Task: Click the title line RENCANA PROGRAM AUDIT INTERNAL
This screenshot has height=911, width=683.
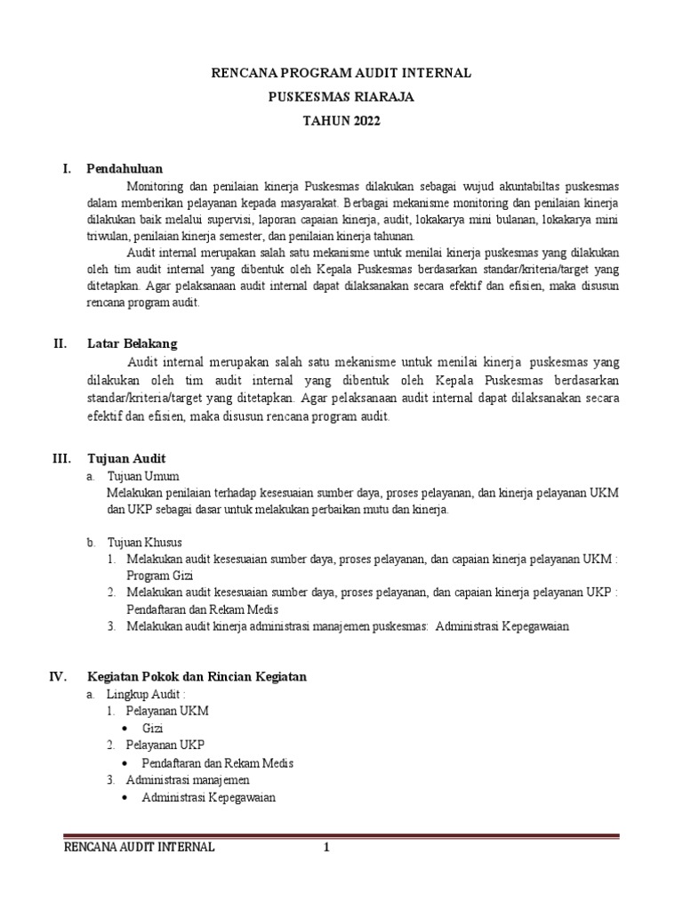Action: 341,74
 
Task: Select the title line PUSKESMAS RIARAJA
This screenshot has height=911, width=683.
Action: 341,97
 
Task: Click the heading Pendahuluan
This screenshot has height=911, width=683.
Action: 125,168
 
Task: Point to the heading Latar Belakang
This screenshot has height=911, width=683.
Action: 132,343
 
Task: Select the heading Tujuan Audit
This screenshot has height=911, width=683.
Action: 125,457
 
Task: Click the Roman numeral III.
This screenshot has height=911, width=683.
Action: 60,457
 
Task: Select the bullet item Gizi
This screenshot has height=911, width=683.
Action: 152,729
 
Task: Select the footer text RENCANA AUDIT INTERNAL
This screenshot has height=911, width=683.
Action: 140,848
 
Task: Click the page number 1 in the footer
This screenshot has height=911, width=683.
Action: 326,848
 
